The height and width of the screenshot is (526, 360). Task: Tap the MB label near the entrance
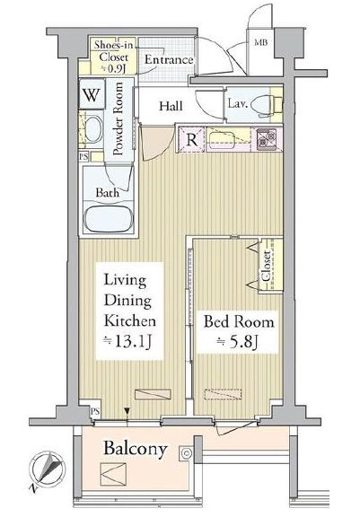click(259, 42)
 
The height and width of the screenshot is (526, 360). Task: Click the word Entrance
click(169, 61)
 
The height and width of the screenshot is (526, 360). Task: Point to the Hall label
click(171, 106)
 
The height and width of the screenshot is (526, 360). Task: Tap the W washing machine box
click(92, 92)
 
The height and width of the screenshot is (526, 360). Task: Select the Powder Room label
click(118, 120)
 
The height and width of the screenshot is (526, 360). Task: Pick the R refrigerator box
click(191, 139)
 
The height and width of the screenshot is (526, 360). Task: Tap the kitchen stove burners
click(267, 139)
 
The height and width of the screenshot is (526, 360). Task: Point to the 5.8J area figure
click(238, 343)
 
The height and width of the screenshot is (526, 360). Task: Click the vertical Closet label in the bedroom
click(267, 267)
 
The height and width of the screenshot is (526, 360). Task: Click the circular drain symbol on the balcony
click(186, 454)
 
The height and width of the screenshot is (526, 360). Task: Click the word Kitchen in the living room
click(129, 320)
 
